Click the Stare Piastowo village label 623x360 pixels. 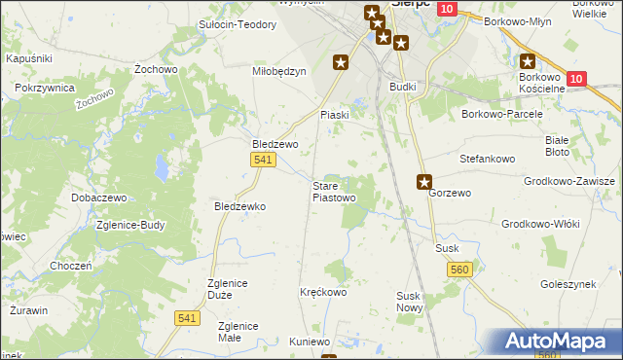(x=334, y=192)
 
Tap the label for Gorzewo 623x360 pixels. (x=450, y=194)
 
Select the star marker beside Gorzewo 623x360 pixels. (x=425, y=181)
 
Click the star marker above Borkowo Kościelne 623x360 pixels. (x=529, y=60)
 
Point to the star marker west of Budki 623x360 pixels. (x=341, y=62)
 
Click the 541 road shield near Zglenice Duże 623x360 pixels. (x=188, y=317)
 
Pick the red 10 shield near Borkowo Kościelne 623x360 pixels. (x=575, y=79)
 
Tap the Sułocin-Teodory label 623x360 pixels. (x=238, y=25)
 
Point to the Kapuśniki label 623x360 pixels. (x=28, y=59)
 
